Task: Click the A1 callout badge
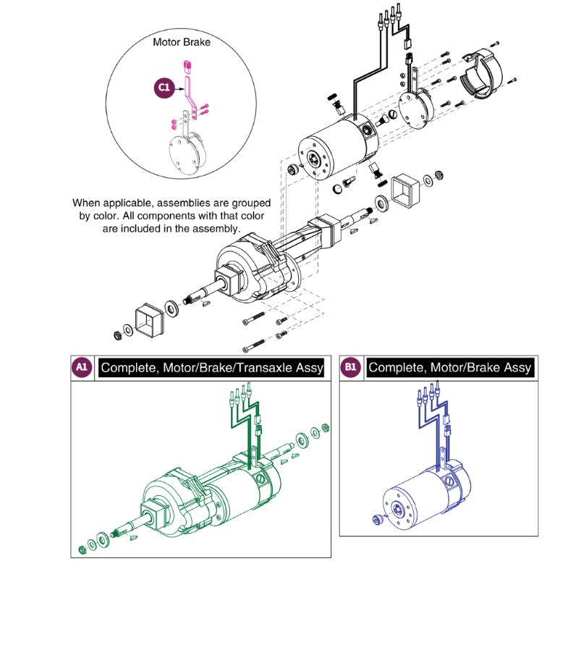[82, 368]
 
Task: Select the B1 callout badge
[351, 368]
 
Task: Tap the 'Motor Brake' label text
[182, 42]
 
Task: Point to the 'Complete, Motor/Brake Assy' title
[449, 368]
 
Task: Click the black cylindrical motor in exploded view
[330, 144]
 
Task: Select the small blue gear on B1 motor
[376, 519]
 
